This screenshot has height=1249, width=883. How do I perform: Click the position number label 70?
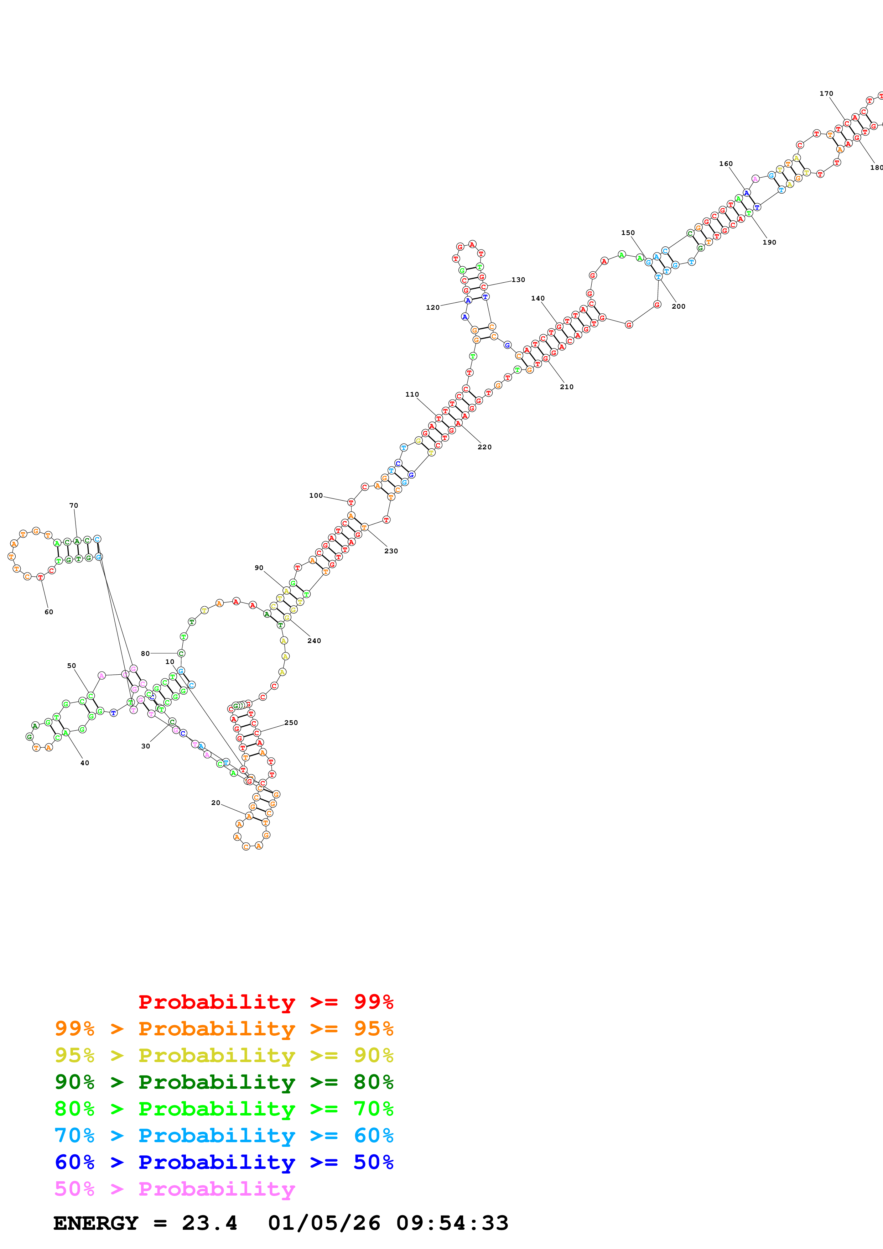click(73, 505)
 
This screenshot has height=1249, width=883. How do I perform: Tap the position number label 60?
click(49, 612)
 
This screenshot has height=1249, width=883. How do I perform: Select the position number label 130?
click(518, 279)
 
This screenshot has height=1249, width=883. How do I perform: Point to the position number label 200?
click(679, 306)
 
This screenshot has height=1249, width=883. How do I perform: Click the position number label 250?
click(291, 722)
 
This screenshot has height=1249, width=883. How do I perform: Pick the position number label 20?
click(215, 803)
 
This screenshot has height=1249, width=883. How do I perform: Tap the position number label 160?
click(726, 164)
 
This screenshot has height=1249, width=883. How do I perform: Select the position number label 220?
click(484, 447)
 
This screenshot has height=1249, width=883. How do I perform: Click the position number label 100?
click(316, 496)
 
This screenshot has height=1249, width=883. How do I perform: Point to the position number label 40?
click(85, 763)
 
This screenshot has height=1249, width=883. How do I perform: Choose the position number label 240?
click(314, 641)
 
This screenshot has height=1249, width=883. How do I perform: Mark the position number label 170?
click(826, 94)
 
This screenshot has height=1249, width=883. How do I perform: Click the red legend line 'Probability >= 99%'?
click(265, 1002)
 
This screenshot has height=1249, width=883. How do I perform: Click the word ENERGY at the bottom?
click(96, 1223)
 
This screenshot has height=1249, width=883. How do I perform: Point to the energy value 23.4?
click(209, 1223)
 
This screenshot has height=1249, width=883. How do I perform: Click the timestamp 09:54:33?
click(452, 1223)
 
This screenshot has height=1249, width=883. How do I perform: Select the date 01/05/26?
click(324, 1223)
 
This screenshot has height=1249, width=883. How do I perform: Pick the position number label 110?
click(412, 394)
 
